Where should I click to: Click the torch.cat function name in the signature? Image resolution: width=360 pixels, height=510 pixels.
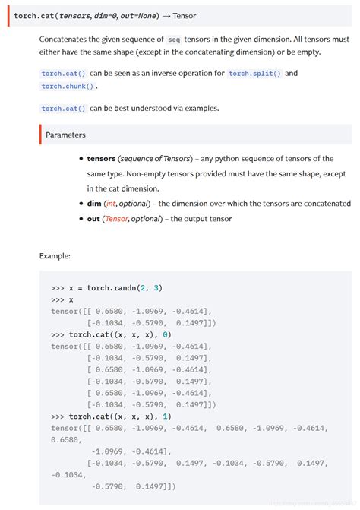pyautogui.click(x=30, y=15)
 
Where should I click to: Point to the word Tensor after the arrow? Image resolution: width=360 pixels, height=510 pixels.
pyautogui.click(x=185, y=15)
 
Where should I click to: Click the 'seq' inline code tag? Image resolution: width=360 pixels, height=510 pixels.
pyautogui.click(x=174, y=38)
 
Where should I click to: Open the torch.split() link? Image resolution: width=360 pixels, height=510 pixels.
pyautogui.click(x=255, y=73)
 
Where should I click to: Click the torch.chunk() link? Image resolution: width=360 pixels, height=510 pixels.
pyautogui.click(x=68, y=86)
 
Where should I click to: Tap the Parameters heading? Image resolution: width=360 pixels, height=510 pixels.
pyautogui.click(x=65, y=135)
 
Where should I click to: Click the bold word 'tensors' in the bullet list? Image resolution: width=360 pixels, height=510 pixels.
pyautogui.click(x=102, y=159)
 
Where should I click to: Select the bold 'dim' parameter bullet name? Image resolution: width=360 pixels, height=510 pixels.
pyautogui.click(x=95, y=204)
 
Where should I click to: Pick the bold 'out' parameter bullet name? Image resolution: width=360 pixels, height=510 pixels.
pyautogui.click(x=94, y=219)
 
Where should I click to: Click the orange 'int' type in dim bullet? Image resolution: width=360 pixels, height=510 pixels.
pyautogui.click(x=111, y=204)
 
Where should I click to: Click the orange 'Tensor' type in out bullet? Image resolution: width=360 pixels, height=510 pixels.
pyautogui.click(x=115, y=219)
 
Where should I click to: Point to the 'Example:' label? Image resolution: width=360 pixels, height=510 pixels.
pyautogui.click(x=55, y=255)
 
